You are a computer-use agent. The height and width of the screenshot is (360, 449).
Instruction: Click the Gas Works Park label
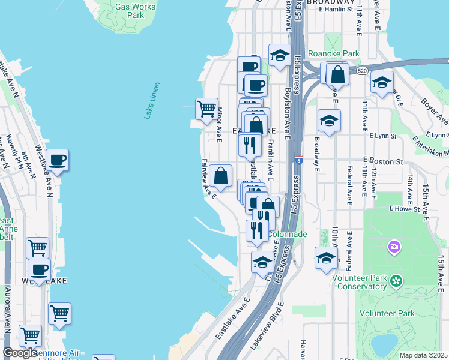pyautogui.click(x=135, y=10)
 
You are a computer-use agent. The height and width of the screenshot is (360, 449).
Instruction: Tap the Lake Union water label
pyautogui.click(x=152, y=100)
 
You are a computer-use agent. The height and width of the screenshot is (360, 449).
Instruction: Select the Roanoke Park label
pyautogui.click(x=333, y=53)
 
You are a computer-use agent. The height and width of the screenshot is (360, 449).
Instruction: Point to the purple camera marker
pyautogui.click(x=394, y=247)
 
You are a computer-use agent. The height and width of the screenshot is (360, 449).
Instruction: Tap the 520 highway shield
pyautogui.click(x=361, y=71)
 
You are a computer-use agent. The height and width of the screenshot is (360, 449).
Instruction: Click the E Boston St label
pyautogui.click(x=382, y=162)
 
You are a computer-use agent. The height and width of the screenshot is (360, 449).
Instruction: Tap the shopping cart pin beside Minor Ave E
pyautogui.click(x=206, y=109)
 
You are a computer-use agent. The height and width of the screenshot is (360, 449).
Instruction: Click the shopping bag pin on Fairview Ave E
pyautogui.click(x=221, y=176)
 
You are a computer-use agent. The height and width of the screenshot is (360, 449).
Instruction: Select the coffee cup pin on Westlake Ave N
pyautogui.click(x=58, y=160)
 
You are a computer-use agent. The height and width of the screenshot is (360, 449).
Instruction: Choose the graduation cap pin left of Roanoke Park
pyautogui.click(x=280, y=56)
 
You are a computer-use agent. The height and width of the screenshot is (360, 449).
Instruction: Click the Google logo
pyautogui.click(x=20, y=353)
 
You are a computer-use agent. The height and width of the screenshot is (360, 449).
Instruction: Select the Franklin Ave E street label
pyautogui.click(x=271, y=160)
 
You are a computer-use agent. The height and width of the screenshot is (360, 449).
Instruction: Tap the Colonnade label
pyautogui.click(x=287, y=234)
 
